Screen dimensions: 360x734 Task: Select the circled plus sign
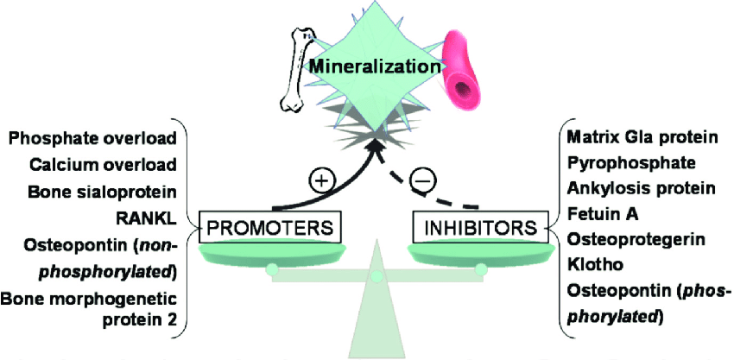(x=320, y=181)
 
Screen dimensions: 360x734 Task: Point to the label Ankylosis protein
(x=628, y=187)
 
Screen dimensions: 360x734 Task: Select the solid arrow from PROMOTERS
(x=345, y=186)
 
